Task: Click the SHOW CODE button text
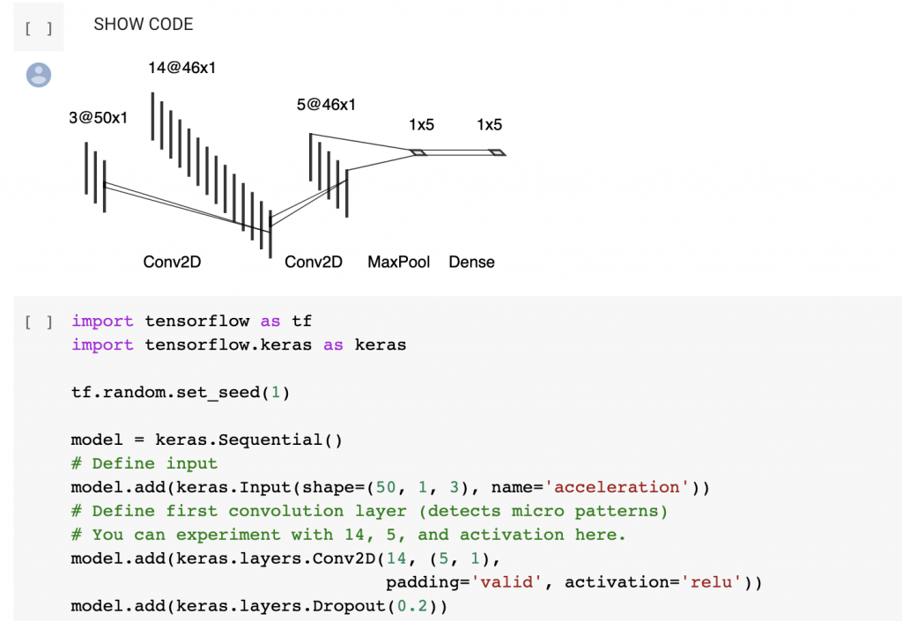point(144,25)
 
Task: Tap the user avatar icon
point(39,75)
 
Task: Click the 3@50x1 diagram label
point(98,118)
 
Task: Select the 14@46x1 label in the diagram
point(182,68)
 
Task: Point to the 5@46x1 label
point(326,105)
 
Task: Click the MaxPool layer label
point(399,262)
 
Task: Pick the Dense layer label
point(471,262)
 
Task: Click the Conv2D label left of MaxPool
point(313,262)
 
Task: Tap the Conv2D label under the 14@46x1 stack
point(172,262)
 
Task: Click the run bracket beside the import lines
point(39,322)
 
